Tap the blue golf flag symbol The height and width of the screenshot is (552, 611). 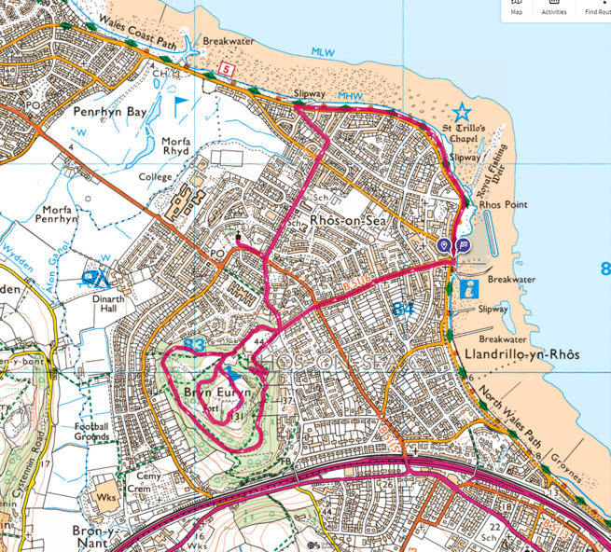179,100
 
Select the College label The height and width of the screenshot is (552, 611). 155,177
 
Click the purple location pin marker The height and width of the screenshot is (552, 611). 445,245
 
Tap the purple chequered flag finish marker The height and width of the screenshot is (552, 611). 463,245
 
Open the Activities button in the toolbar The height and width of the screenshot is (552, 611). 554,8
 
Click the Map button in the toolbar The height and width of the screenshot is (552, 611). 517,8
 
